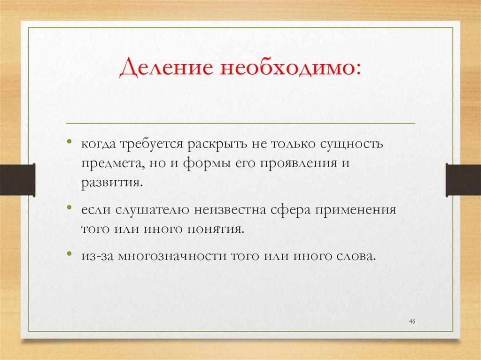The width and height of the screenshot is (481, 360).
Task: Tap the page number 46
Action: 412,321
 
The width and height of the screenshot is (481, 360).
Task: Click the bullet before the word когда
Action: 70,142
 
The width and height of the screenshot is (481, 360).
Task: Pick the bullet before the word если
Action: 70,207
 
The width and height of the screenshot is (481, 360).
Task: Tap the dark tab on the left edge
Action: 17,179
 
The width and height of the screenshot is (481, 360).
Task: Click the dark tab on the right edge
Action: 463,179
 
